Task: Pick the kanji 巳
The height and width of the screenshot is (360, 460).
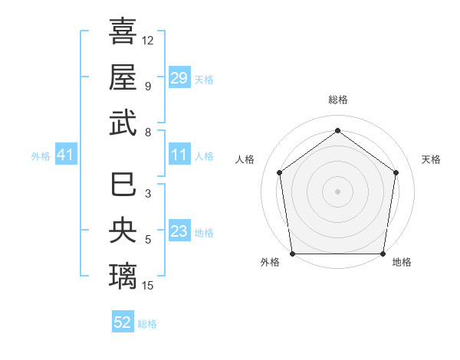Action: pyautogui.click(x=123, y=184)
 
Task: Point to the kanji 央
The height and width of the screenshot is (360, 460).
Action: pyautogui.click(x=123, y=230)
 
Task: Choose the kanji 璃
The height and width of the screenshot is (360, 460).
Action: pyautogui.click(x=123, y=276)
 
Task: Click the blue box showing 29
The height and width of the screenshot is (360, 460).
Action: pyautogui.click(x=179, y=78)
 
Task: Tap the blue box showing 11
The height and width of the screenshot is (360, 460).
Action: pyautogui.click(x=179, y=155)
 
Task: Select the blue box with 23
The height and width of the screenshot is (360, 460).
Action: pyautogui.click(x=179, y=231)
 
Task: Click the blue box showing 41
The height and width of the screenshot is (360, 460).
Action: pyautogui.click(x=65, y=155)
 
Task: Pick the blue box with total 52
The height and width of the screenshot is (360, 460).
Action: pyautogui.click(x=123, y=322)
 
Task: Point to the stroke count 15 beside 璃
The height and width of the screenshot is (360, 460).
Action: pyautogui.click(x=148, y=286)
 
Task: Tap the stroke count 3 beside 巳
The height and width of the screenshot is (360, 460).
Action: pyautogui.click(x=147, y=195)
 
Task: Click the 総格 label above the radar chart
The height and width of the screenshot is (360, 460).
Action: pyautogui.click(x=338, y=100)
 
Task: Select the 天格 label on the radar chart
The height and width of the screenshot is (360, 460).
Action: pyautogui.click(x=431, y=159)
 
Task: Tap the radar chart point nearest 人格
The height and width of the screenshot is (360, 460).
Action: pyautogui.click(x=279, y=172)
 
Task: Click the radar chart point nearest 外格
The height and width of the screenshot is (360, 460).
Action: pyautogui.click(x=293, y=254)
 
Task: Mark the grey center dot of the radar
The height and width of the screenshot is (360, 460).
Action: pyautogui.click(x=337, y=191)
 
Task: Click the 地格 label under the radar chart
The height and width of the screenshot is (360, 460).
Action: pyautogui.click(x=402, y=262)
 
